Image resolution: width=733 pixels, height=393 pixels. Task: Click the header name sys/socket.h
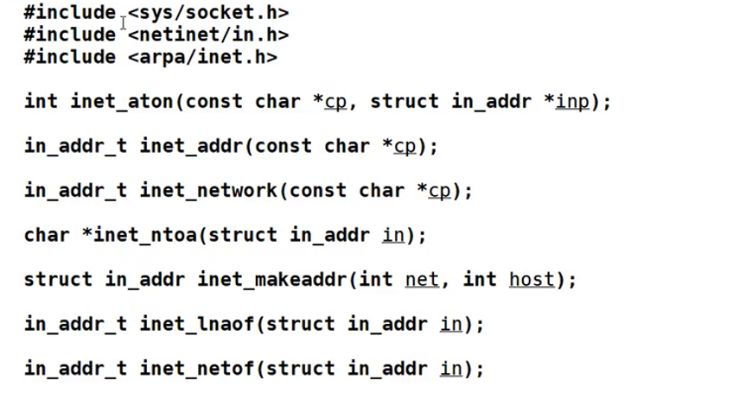coord(208,13)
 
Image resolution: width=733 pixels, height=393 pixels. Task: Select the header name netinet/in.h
coord(208,35)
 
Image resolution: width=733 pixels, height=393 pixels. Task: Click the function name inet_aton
coord(122,102)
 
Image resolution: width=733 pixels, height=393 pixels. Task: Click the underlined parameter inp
coord(572,102)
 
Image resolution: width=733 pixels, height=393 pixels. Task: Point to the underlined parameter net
coord(422,280)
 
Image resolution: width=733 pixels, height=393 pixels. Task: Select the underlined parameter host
coord(532,280)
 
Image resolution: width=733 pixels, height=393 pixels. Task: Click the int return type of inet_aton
coord(41,102)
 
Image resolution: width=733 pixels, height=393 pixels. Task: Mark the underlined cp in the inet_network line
coord(439,191)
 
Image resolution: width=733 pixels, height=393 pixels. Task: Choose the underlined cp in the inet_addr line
coord(405,146)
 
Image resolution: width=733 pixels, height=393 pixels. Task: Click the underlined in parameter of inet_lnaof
coord(450,325)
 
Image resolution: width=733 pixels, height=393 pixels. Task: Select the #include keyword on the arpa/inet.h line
coord(70,58)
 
